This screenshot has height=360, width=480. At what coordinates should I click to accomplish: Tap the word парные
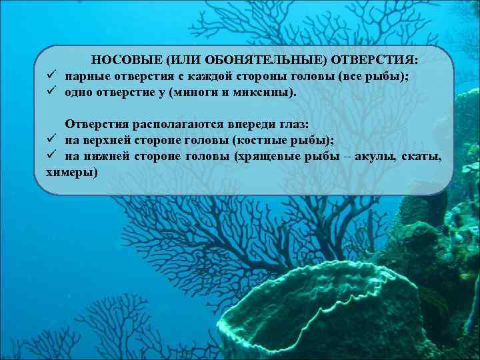click(x=84, y=76)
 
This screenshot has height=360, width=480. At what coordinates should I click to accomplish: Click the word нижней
click(x=105, y=156)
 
